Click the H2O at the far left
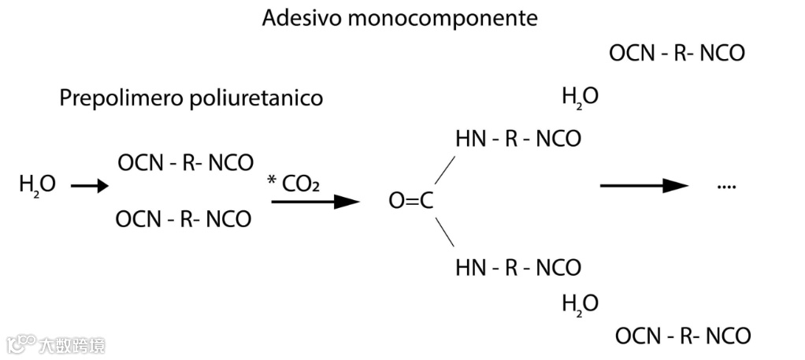(x=38, y=186)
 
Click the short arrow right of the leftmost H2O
(x=89, y=186)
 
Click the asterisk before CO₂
(x=272, y=181)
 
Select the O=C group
(x=411, y=202)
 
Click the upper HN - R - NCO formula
(x=517, y=139)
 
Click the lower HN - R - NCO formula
(x=517, y=267)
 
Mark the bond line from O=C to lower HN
(x=445, y=234)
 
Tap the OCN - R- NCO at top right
(x=677, y=54)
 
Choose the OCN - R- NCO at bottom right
(x=682, y=336)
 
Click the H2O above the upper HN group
(x=580, y=98)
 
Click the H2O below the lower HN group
(x=580, y=303)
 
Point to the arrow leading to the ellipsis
(x=644, y=186)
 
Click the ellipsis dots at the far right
(x=726, y=187)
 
